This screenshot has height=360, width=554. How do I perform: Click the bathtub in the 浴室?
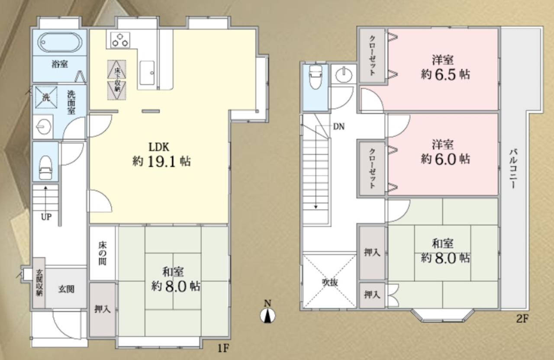click(60, 42)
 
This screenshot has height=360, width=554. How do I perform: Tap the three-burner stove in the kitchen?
click(120, 40)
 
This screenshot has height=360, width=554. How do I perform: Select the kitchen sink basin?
click(148, 73)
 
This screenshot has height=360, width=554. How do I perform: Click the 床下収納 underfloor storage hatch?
click(117, 80)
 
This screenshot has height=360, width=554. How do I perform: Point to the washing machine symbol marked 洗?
click(46, 97)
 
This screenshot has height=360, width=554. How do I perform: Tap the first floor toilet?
click(46, 167)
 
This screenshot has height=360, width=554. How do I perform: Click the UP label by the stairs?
click(46, 217)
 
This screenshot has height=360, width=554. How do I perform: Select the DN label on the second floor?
click(339, 127)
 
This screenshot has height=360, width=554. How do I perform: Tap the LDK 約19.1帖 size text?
click(162, 162)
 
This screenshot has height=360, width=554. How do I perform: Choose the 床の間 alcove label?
click(103, 254)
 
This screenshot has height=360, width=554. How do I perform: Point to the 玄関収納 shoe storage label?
click(39, 283)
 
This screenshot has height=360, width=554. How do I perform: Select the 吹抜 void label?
click(330, 282)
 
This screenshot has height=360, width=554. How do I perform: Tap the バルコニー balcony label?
click(513, 169)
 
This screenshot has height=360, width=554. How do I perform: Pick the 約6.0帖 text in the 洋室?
click(446, 159)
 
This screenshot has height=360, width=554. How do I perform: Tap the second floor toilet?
click(316, 77)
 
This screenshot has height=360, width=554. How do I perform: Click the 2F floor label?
click(522, 319)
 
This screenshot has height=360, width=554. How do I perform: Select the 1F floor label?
click(223, 348)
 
